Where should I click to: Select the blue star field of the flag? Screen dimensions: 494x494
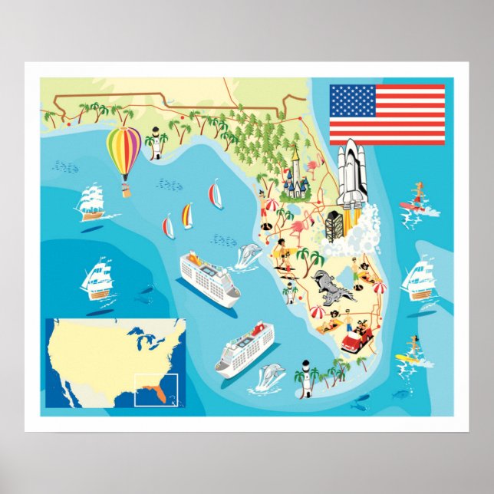coord(353,100)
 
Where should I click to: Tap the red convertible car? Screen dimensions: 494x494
coord(357,338)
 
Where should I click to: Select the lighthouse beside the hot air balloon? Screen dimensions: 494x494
coord(157,143)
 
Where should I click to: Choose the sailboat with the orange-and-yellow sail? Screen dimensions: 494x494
coord(186,216)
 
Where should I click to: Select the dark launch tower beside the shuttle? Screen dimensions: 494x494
coord(336,226)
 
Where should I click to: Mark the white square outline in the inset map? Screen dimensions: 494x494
coord(156,389)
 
